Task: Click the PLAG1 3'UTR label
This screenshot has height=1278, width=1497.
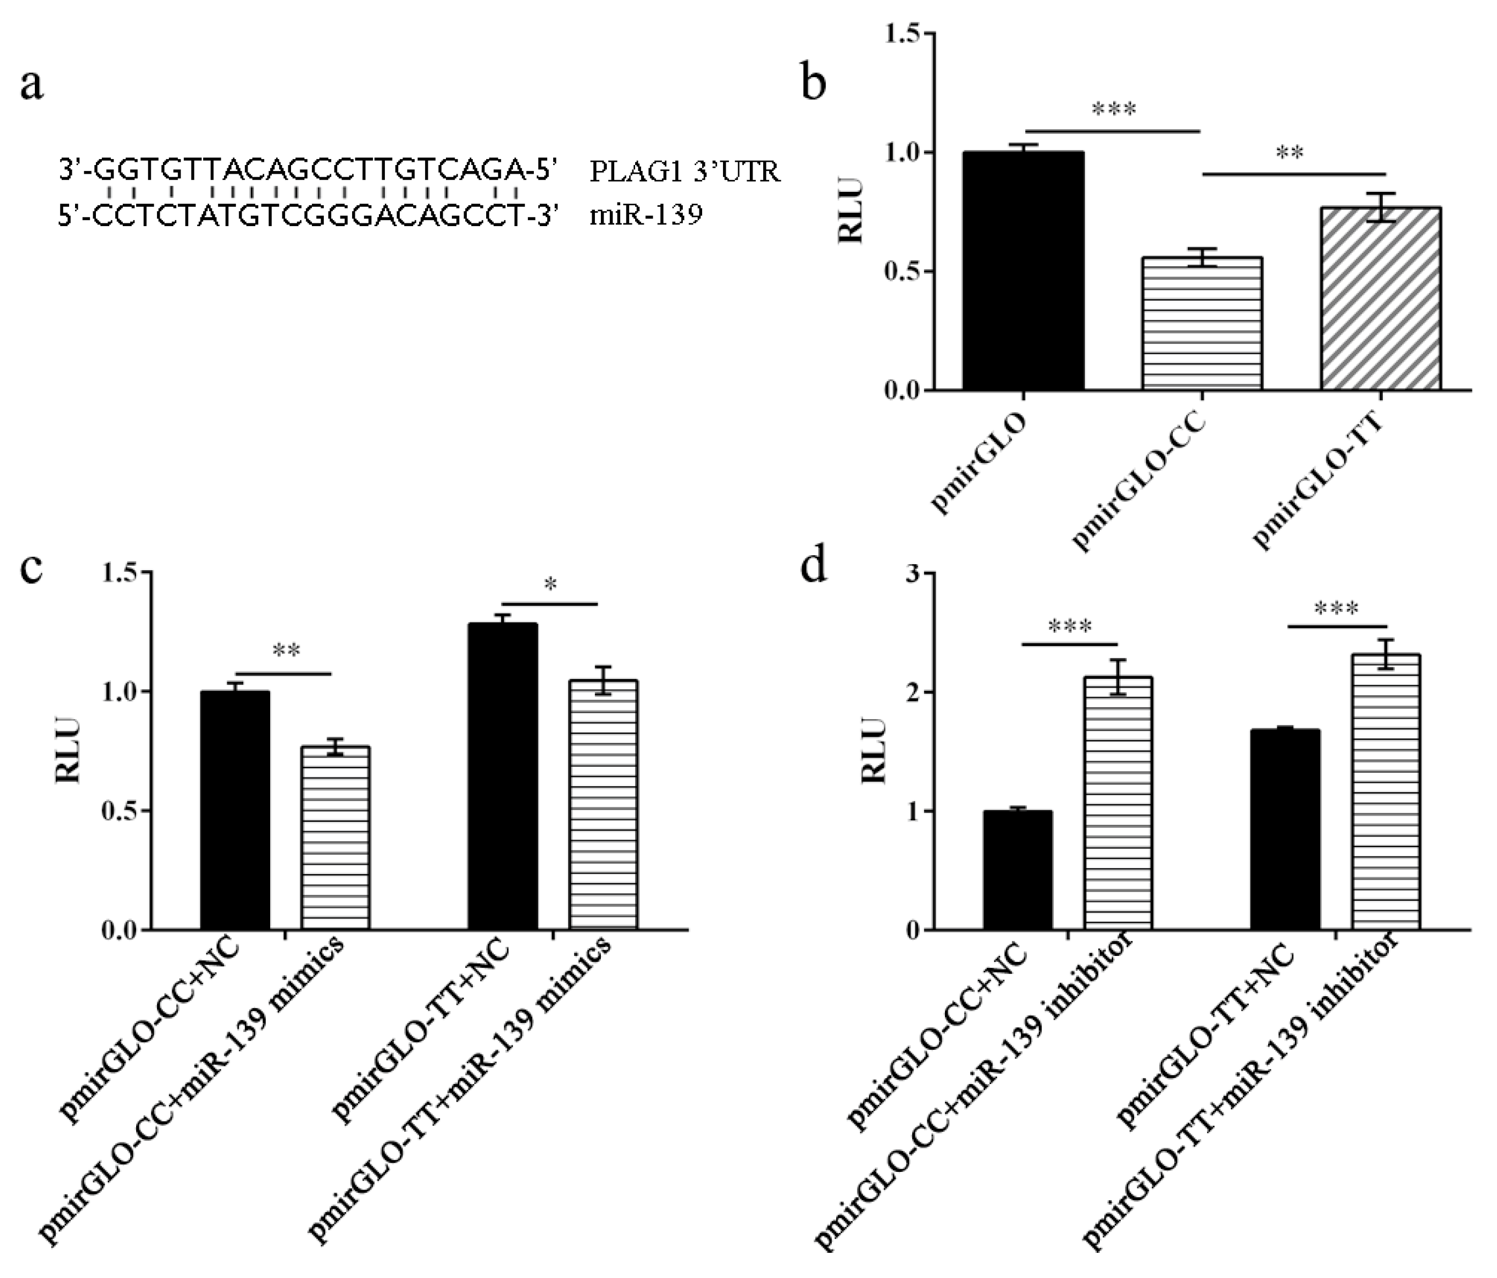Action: click(x=684, y=172)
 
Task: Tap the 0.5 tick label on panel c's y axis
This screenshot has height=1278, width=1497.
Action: click(x=121, y=811)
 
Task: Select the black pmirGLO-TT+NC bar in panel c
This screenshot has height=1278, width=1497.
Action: click(x=503, y=776)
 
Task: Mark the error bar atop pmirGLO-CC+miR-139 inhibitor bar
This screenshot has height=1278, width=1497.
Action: click(x=1118, y=676)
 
